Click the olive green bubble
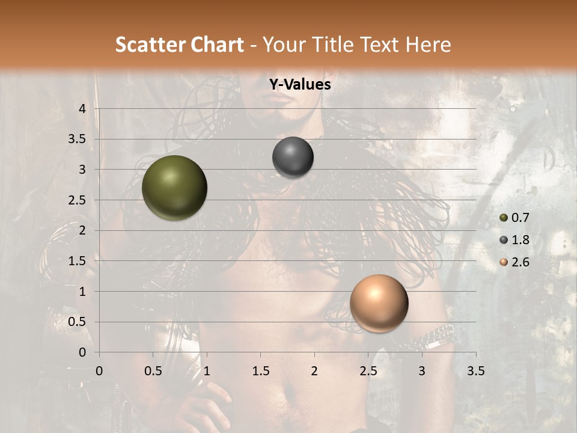click(x=174, y=188)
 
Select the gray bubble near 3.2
click(x=293, y=158)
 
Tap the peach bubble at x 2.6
click(x=379, y=303)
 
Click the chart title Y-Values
click(x=300, y=85)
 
